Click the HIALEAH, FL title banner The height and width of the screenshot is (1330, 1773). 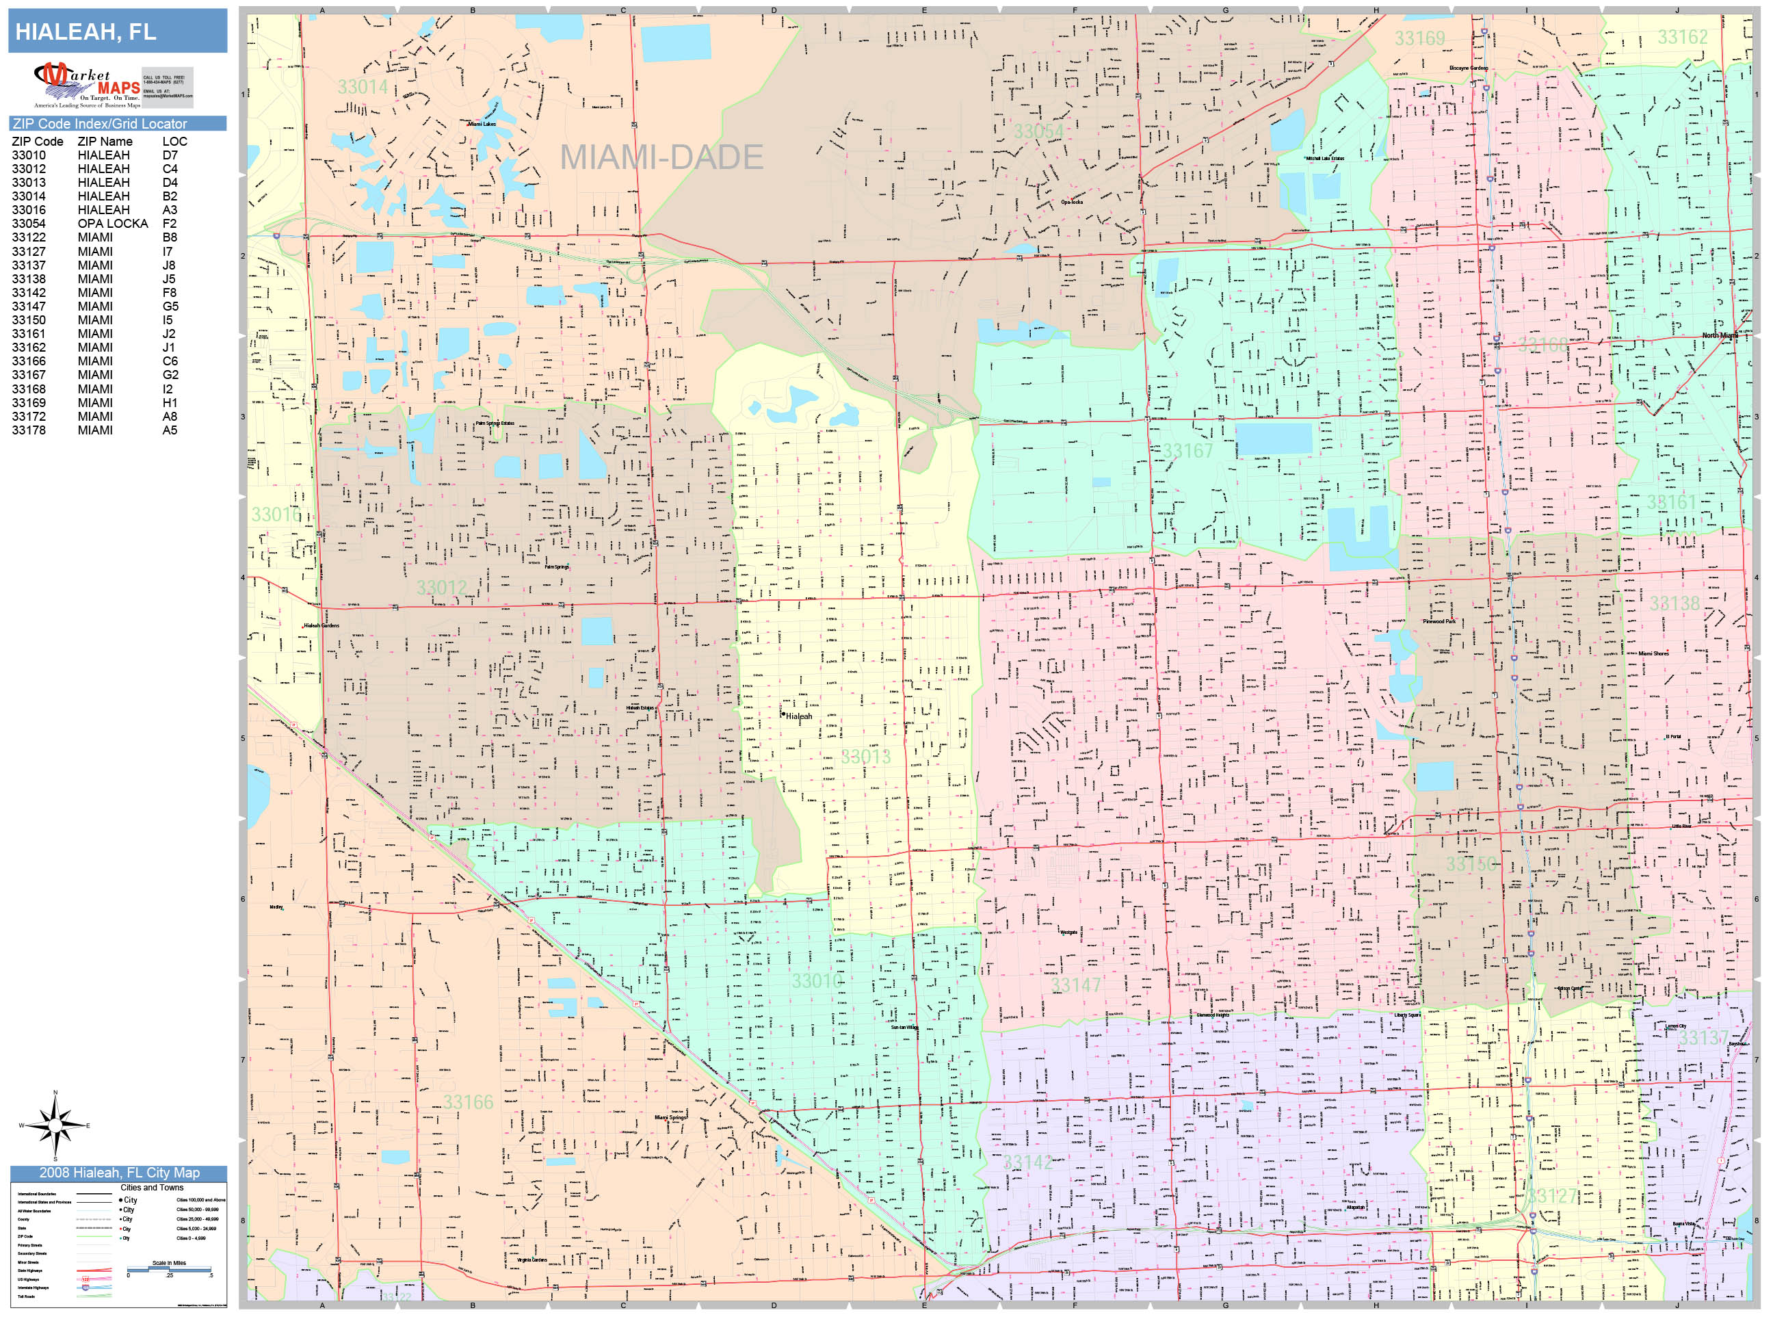click(x=117, y=32)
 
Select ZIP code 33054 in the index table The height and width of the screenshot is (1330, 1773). click(x=29, y=224)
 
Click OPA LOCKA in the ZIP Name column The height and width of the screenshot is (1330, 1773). click(x=112, y=224)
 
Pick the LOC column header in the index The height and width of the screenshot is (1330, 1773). click(x=174, y=141)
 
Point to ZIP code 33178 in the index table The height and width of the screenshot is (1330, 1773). click(x=29, y=430)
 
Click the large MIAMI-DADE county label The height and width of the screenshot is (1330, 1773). click(x=661, y=157)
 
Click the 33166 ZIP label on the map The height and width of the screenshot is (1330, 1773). click(x=468, y=1102)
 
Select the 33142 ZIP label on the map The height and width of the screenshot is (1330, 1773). click(x=1027, y=1162)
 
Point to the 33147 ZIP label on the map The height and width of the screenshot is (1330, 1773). click(x=1076, y=985)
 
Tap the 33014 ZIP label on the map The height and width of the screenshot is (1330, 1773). click(x=363, y=87)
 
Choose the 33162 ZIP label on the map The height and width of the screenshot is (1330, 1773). click(x=1683, y=37)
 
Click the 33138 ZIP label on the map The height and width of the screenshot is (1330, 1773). click(x=1674, y=603)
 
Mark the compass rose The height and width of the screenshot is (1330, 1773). click(x=55, y=1125)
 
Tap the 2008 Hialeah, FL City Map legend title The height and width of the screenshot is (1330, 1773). click(x=118, y=1172)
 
